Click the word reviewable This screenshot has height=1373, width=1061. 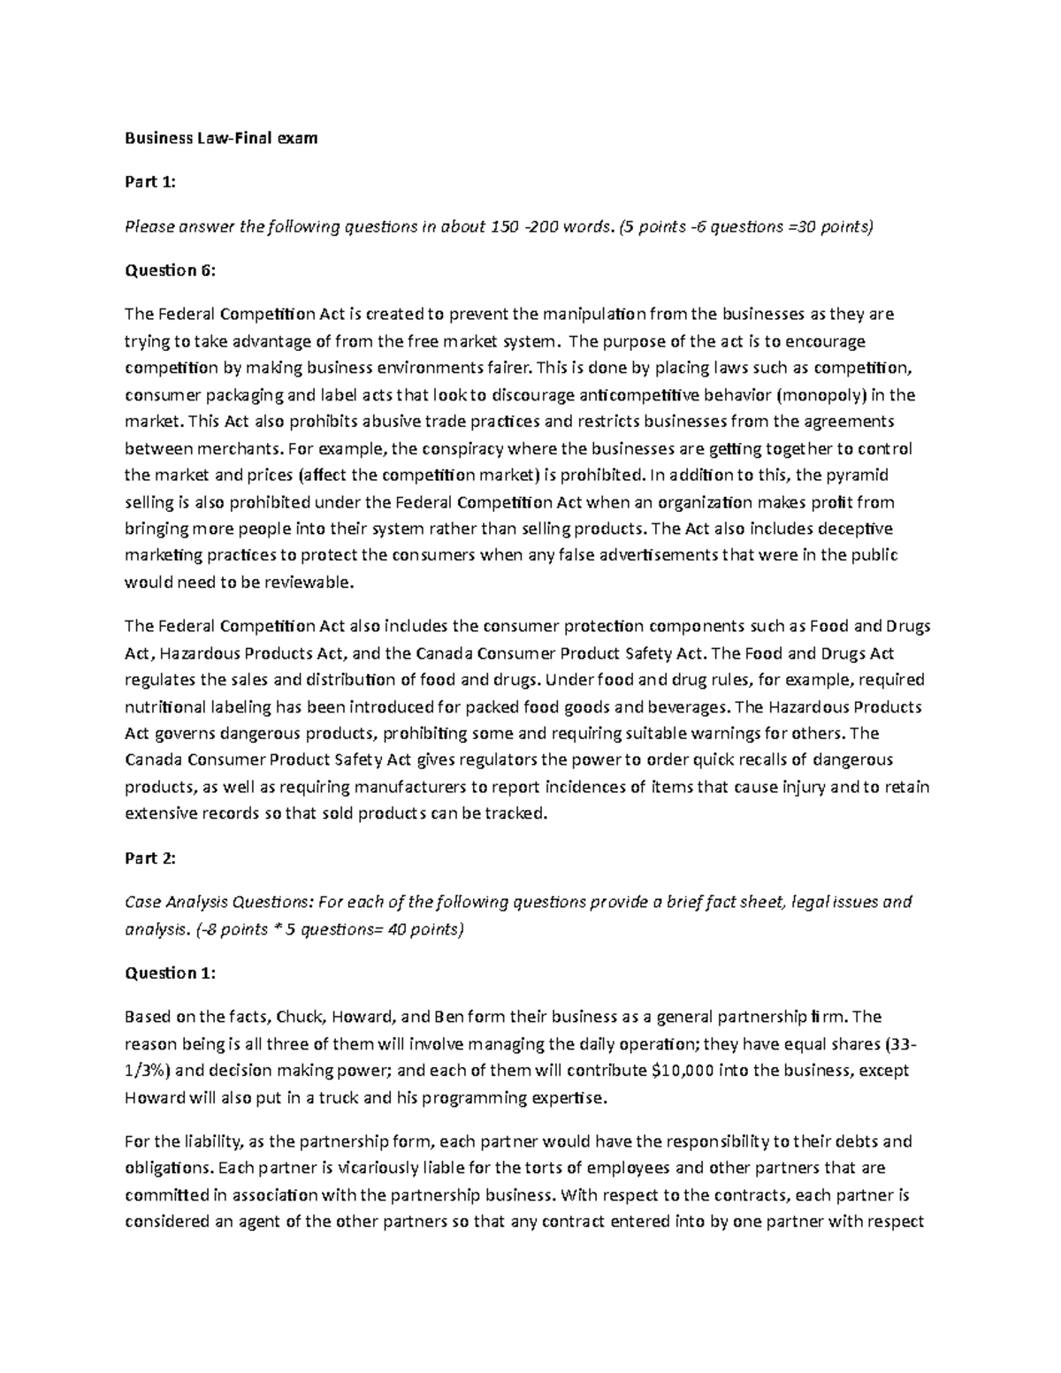tap(310, 583)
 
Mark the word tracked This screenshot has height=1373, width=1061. tap(517, 813)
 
